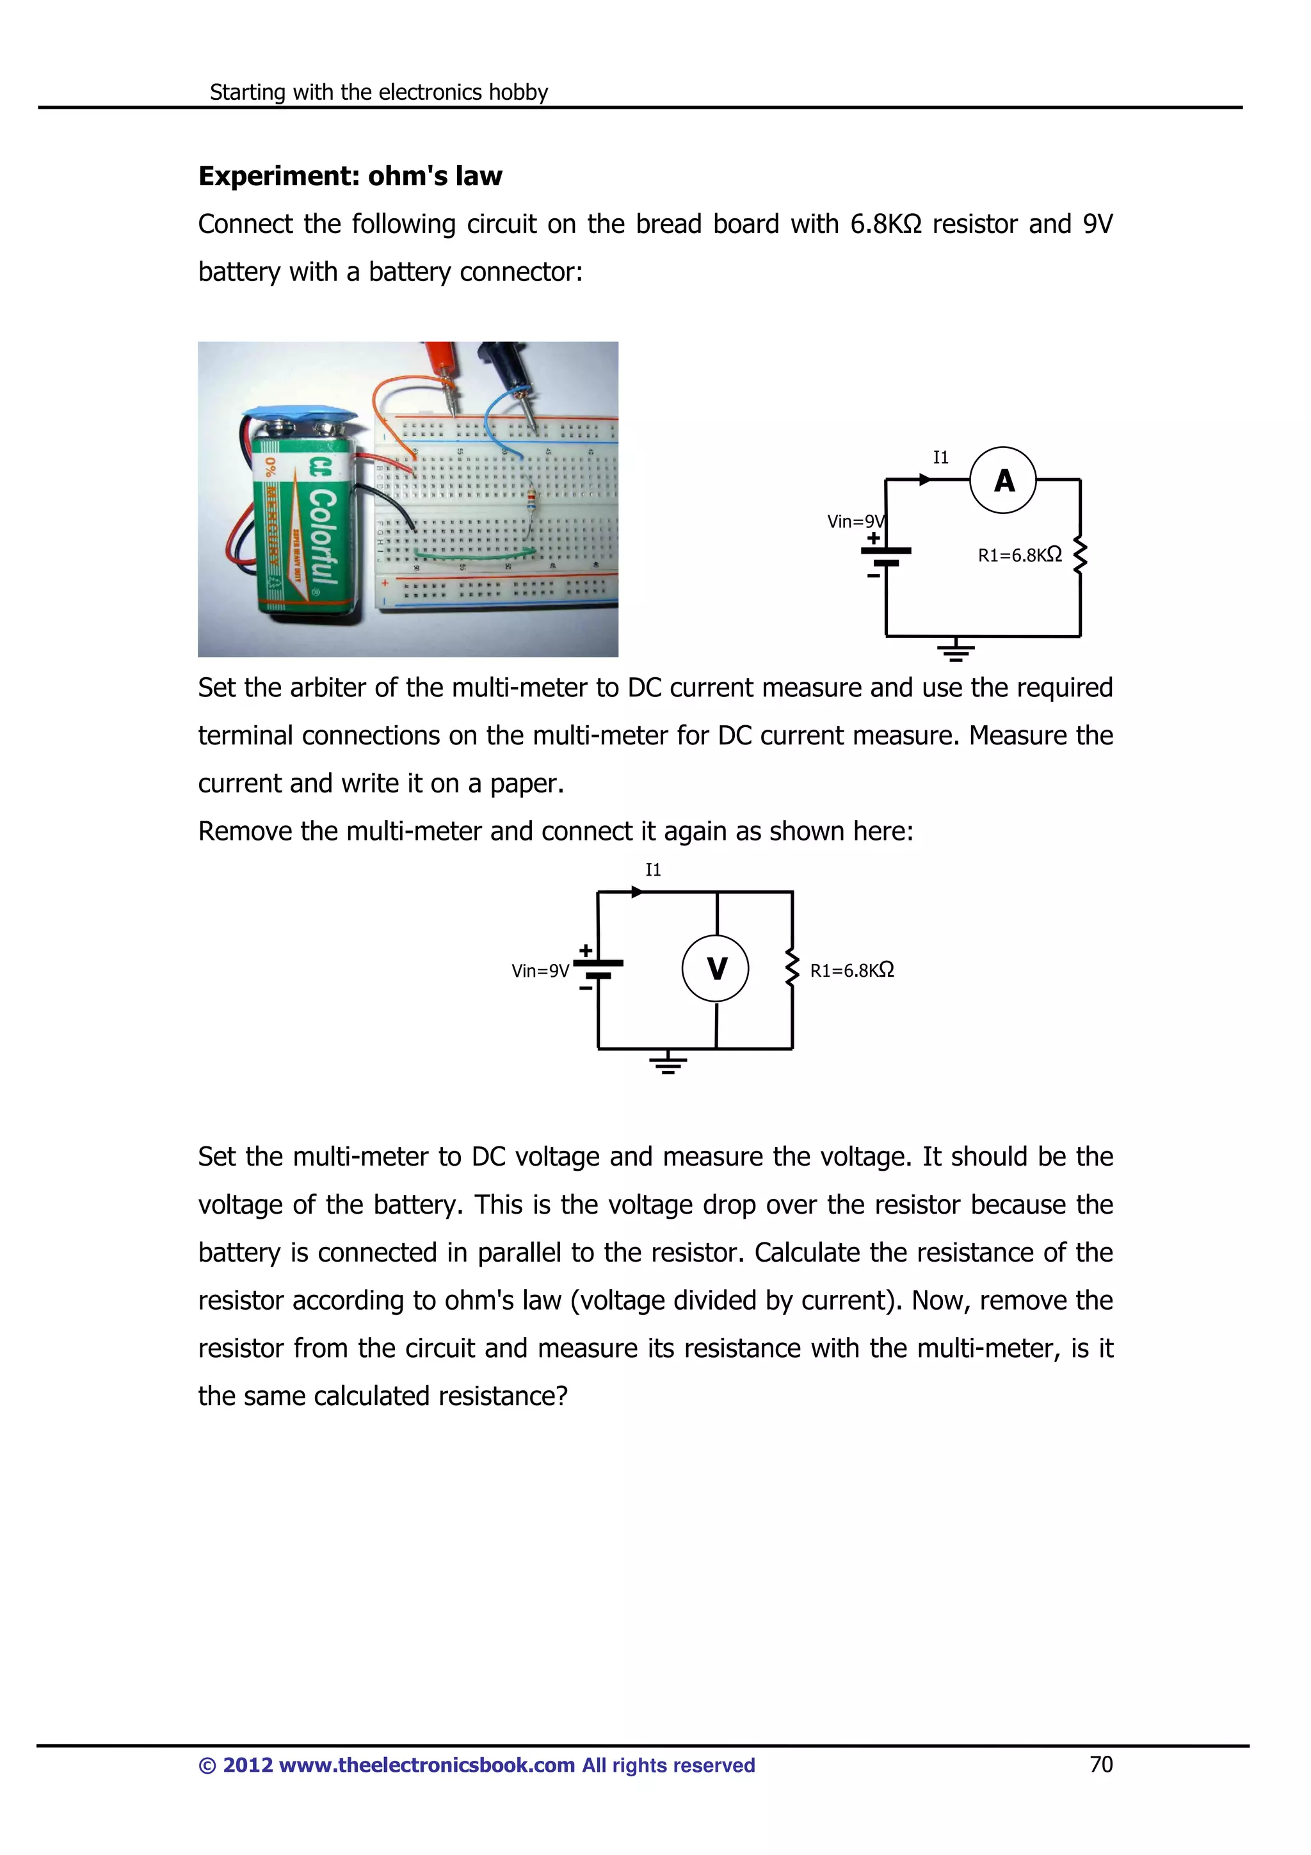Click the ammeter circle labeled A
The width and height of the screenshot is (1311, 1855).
[x=1002, y=480]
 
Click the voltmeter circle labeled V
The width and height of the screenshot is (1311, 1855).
[x=716, y=968]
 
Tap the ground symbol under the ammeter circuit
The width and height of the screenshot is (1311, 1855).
[x=956, y=650]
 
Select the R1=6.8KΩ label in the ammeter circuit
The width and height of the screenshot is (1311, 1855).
[x=1019, y=555]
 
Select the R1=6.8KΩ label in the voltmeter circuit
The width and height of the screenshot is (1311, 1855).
[x=851, y=970]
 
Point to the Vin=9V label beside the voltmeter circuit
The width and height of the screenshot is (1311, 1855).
[x=540, y=971]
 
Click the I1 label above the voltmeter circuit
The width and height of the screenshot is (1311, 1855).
[x=653, y=870]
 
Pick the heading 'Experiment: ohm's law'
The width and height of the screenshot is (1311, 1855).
[x=350, y=176]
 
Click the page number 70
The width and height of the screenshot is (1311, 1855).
[x=1101, y=1765]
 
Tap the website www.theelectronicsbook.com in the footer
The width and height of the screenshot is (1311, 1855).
[x=426, y=1765]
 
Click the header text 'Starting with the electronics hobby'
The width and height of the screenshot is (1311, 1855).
[x=379, y=92]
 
